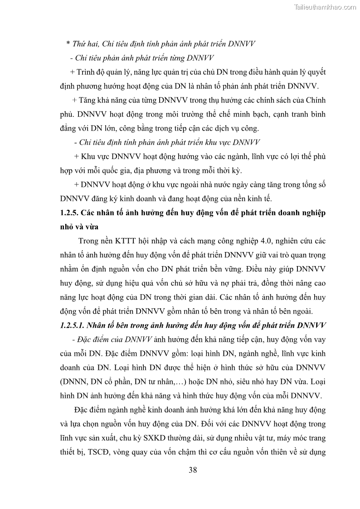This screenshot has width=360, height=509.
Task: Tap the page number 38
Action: [x=193, y=470]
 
